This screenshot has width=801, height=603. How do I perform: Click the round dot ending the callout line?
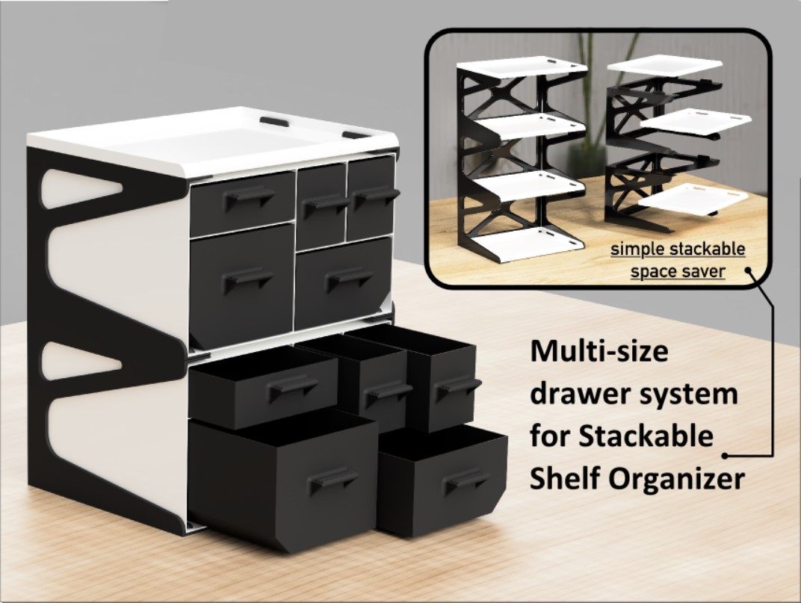point(726,454)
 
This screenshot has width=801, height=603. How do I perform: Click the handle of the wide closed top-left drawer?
point(249,196)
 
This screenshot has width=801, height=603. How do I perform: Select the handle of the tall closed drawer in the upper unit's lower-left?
point(248,278)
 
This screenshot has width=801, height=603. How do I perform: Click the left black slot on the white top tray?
point(273,120)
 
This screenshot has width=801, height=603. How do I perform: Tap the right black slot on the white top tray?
point(356,135)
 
